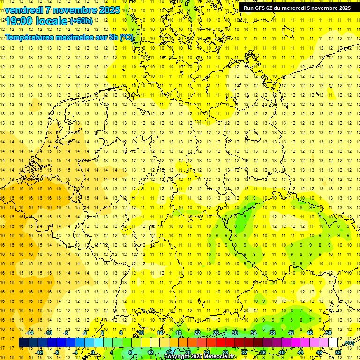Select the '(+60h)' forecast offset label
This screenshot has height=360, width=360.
tap(81, 21)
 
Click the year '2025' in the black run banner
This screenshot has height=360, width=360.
tap(341, 8)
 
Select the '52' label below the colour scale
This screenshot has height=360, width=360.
tap(338, 352)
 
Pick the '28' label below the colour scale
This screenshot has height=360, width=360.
tap(225, 352)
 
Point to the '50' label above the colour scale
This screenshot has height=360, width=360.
tap(329, 333)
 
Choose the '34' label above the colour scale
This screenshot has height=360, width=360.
tap(254, 333)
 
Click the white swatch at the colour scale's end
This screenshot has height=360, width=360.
tap(333, 343)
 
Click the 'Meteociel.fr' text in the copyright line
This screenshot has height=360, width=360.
tap(220, 357)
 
